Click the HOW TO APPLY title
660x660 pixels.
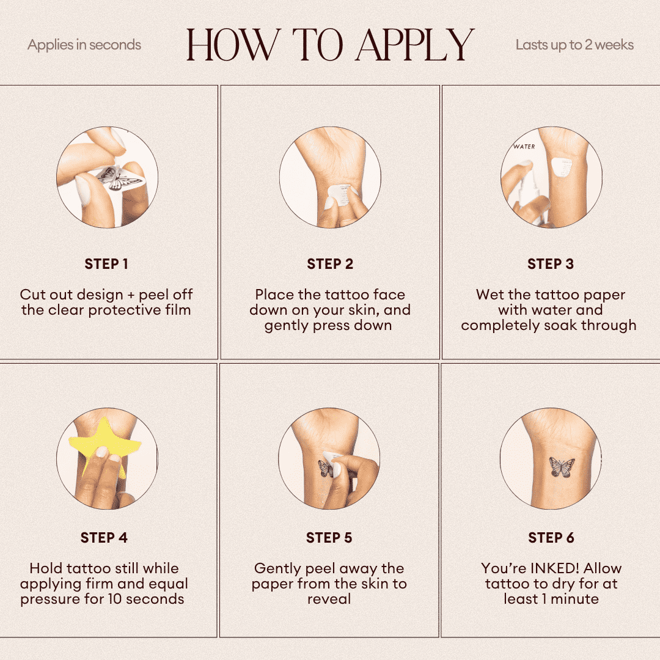pos(331,45)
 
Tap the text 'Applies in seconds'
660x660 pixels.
pos(84,45)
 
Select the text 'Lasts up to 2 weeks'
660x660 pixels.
pos(574,45)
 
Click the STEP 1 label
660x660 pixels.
pos(106,264)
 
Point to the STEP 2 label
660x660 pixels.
pos(330,264)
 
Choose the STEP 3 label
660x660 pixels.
pos(551,264)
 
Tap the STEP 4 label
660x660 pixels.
pos(104,538)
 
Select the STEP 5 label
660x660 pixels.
pos(329,538)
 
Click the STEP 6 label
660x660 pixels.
pos(551,538)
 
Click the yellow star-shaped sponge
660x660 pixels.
pos(103,438)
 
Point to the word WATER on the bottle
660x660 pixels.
pos(524,147)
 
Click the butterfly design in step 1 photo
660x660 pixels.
pos(118,178)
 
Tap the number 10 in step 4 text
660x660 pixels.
pos(114,599)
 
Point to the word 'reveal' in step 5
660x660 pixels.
pos(329,599)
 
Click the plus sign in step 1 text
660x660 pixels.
pos(131,295)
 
